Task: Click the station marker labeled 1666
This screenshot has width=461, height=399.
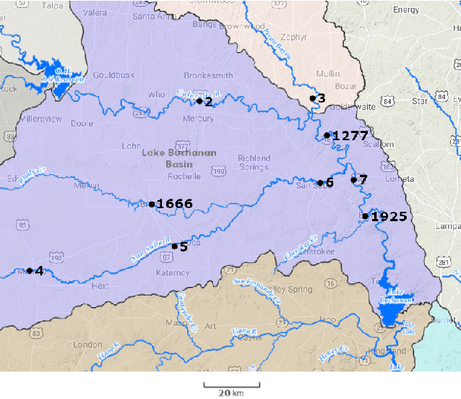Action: (x=152, y=205)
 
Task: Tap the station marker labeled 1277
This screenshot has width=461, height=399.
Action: (x=327, y=135)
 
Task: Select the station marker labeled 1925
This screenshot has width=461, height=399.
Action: (x=366, y=216)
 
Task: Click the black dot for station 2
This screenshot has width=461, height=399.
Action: (x=199, y=101)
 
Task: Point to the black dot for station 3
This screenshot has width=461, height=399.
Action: (x=312, y=98)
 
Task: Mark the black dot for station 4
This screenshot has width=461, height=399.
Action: (x=30, y=271)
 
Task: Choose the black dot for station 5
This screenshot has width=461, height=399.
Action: (x=174, y=246)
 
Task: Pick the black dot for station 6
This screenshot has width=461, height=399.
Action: (x=320, y=183)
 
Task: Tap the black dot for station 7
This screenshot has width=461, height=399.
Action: (x=353, y=179)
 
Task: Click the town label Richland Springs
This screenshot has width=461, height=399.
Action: (x=254, y=163)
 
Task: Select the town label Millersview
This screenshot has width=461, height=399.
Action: (x=44, y=117)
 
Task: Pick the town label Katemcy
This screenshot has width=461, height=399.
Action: (x=173, y=273)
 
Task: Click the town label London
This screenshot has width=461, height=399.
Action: (x=87, y=345)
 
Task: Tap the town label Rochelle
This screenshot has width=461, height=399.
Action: (x=184, y=176)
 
